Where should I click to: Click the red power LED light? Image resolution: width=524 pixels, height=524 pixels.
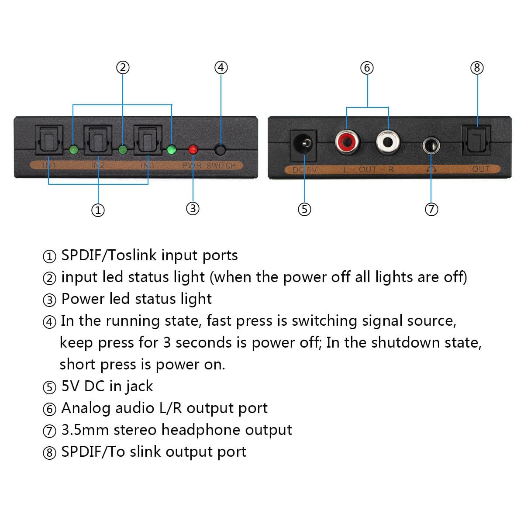(x=193, y=150)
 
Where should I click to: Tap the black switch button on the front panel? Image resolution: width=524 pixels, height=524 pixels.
(x=221, y=150)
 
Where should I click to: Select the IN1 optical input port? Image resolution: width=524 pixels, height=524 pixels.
(x=48, y=140)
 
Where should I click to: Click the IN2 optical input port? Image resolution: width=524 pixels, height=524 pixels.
(x=98, y=140)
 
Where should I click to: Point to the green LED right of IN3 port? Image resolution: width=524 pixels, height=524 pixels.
(x=172, y=150)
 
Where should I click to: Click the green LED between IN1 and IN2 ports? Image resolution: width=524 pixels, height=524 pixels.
(x=73, y=150)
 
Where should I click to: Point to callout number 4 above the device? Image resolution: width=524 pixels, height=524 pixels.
(x=221, y=67)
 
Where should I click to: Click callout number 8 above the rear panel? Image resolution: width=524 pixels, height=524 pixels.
(x=477, y=68)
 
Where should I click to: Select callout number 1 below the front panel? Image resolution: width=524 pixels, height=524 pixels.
(x=98, y=210)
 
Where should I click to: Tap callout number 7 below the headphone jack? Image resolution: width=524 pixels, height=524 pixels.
(x=431, y=210)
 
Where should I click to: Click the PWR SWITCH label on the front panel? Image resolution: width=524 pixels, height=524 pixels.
(x=209, y=166)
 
